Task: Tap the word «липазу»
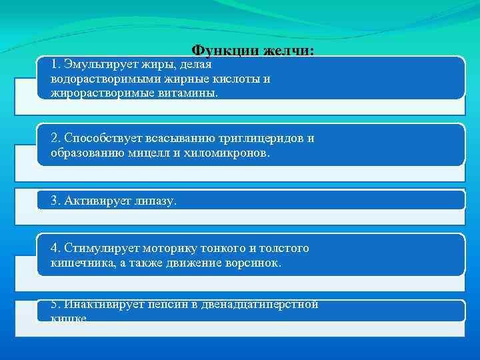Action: tap(155, 201)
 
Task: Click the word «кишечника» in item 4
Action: tap(77, 263)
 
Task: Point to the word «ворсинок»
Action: tap(253, 263)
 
